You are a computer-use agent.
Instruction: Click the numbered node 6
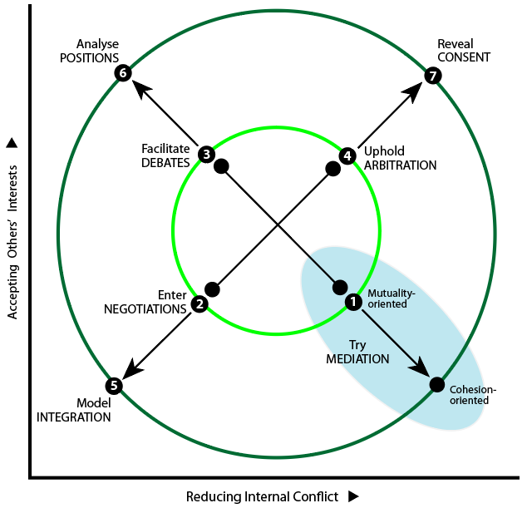(123, 73)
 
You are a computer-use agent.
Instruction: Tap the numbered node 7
(432, 76)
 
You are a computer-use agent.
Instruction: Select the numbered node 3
(206, 155)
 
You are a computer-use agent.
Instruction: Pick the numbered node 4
(347, 155)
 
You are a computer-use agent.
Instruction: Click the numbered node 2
(199, 304)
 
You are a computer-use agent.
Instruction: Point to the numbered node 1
(353, 302)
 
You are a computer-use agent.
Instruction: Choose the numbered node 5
(114, 385)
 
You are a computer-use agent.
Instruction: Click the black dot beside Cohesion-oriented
(437, 385)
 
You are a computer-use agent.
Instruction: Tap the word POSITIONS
(90, 58)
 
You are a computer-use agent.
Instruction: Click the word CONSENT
(464, 57)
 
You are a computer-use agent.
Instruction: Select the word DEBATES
(165, 163)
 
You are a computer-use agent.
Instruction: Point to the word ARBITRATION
(401, 165)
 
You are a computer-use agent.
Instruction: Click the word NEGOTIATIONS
(145, 309)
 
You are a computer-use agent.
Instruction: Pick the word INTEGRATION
(74, 417)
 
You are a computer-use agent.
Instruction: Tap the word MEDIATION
(357, 359)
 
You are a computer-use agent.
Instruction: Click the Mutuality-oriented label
(392, 298)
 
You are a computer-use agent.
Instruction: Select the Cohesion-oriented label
(473, 395)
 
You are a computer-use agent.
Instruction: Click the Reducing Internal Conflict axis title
(262, 496)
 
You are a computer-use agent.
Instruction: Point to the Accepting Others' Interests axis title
(12, 242)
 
